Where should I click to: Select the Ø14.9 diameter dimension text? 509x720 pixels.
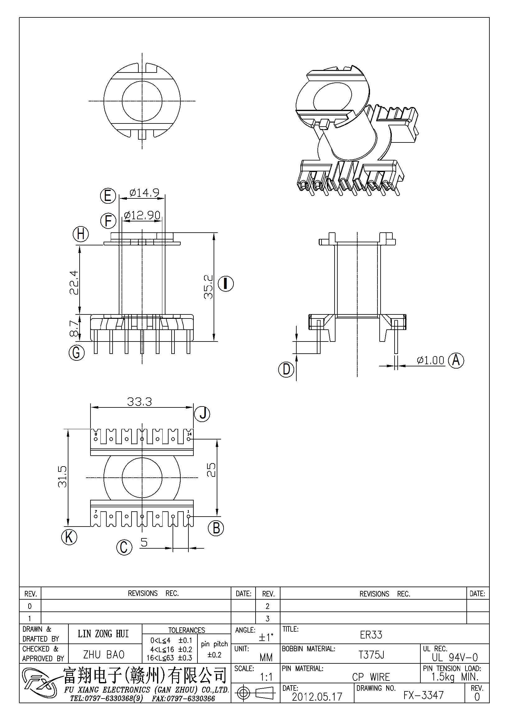pos(144,193)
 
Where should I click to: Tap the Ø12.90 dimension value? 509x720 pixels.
pos(142,215)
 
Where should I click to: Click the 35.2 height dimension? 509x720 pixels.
pos(208,287)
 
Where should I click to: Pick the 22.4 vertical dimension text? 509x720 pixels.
pos(74,282)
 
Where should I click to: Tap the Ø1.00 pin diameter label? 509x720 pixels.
pos(431,360)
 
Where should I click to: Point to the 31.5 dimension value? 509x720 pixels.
pos(62,476)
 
